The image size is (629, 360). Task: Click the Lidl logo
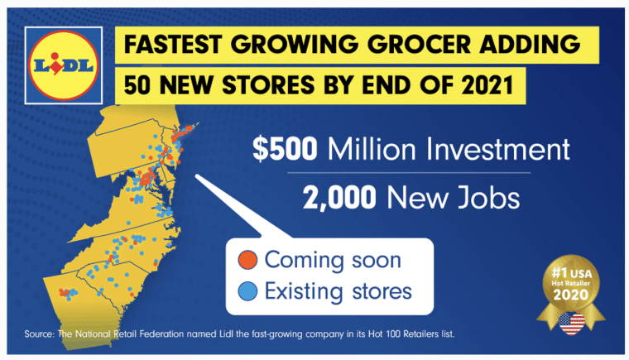tap(64, 65)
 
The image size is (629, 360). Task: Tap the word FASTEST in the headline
tap(173, 44)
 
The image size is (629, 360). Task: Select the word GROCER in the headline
tap(420, 44)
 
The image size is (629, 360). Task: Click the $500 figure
tap(285, 149)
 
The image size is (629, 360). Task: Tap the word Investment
tap(498, 149)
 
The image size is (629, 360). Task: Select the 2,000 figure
tap(339, 198)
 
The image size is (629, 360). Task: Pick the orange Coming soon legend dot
tap(247, 260)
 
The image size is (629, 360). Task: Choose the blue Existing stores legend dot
tap(247, 291)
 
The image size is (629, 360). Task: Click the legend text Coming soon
tap(333, 261)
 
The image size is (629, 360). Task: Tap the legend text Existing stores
tap(339, 291)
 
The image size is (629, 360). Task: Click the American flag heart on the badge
tap(572, 324)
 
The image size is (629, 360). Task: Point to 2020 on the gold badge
tap(571, 295)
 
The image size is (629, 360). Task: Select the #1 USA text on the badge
tap(572, 273)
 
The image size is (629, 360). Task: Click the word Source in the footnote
tap(39, 334)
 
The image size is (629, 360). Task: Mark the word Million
tap(372, 149)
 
